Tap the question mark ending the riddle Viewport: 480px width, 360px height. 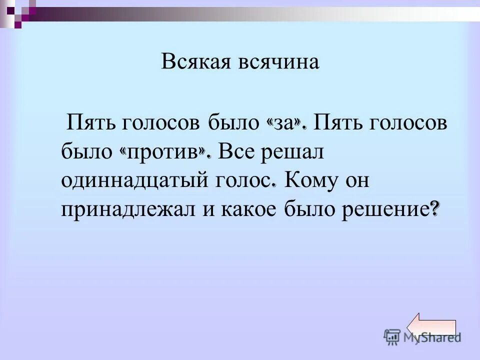point(435,209)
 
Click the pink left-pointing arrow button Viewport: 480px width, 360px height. point(432,327)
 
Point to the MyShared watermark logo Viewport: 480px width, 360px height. point(422,337)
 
